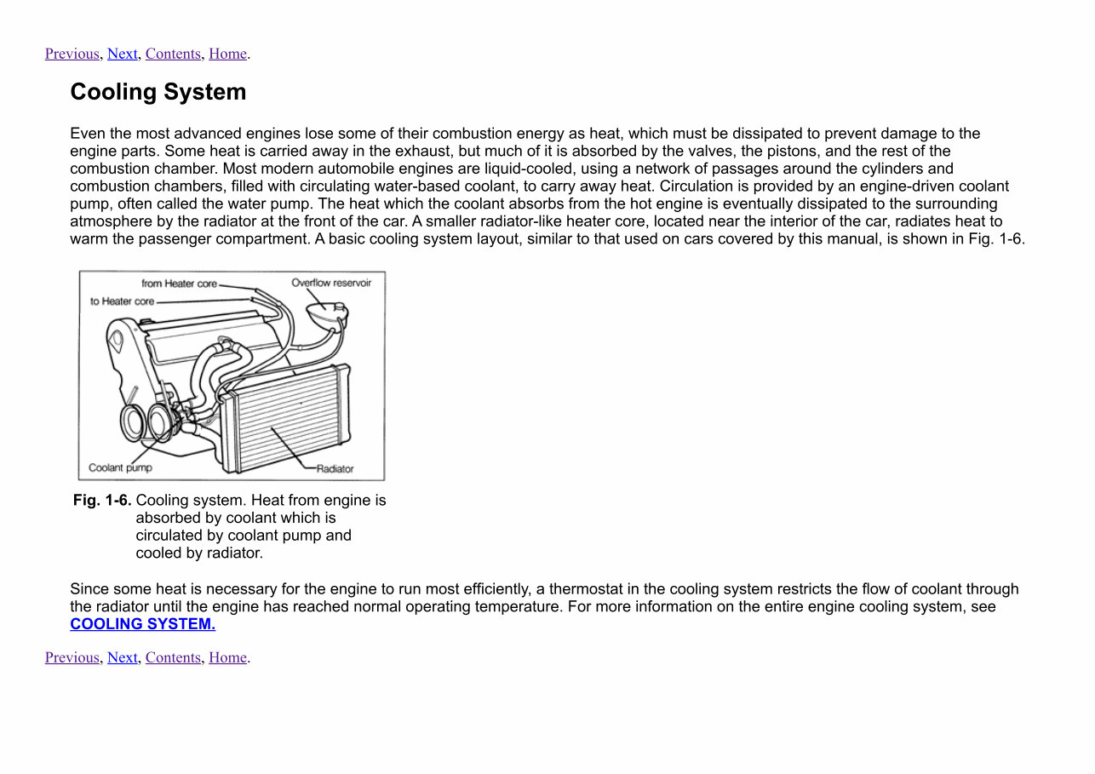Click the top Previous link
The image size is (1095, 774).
tap(72, 54)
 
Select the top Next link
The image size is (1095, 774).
tap(122, 54)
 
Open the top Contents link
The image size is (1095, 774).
tap(173, 54)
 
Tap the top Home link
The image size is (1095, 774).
tap(227, 54)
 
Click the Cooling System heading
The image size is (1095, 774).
tap(158, 92)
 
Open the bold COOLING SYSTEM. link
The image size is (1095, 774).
tap(142, 624)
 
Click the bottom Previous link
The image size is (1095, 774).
tap(72, 657)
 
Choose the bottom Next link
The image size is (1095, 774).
tap(122, 657)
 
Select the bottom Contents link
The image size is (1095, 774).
tap(173, 657)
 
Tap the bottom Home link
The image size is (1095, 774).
tap(227, 657)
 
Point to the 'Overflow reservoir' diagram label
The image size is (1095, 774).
tap(331, 283)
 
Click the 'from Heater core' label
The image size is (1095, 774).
tap(179, 284)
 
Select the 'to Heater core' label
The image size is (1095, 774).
tap(122, 301)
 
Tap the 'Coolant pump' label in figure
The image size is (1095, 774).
tap(120, 467)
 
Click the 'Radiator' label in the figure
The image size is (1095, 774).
tap(335, 469)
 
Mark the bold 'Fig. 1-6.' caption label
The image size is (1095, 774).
tap(102, 500)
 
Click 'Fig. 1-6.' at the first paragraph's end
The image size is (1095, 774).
tap(995, 239)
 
